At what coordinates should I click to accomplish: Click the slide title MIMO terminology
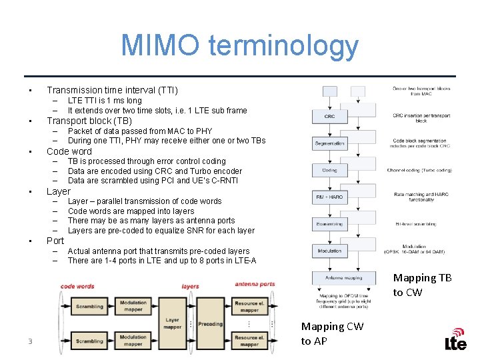[239, 45]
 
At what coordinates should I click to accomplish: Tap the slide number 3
[30, 342]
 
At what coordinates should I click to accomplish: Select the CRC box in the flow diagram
[329, 116]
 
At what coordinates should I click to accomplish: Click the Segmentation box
[329, 143]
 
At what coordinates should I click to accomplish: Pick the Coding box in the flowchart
[329, 170]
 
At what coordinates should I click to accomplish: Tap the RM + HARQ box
[329, 197]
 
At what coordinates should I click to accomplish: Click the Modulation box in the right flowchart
[329, 251]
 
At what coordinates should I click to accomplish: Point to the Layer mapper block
[172, 323]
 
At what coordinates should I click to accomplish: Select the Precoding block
[210, 324]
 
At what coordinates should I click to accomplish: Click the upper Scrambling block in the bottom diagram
[89, 307]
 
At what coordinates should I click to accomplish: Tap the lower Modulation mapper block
[133, 341]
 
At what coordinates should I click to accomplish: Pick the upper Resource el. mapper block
[249, 306]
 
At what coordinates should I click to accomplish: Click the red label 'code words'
[77, 286]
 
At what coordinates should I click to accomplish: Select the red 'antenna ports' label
[255, 285]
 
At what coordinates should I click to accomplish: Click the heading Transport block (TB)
[89, 121]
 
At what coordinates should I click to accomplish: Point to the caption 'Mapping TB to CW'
[422, 285]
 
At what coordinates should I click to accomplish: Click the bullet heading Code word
[69, 151]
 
